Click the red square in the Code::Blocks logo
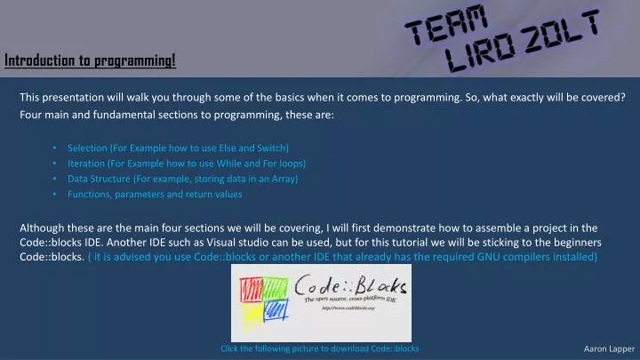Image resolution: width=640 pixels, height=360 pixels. (251, 287)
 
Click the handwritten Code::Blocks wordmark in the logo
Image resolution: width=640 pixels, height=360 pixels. (351, 288)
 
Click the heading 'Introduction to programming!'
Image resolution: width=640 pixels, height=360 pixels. (91, 60)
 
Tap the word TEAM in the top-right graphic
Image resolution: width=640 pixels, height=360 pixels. (447, 26)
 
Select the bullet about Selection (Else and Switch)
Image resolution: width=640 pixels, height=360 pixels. (178, 148)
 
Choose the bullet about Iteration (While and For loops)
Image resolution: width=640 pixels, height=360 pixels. (187, 164)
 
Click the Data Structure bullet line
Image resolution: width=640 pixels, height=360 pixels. (182, 179)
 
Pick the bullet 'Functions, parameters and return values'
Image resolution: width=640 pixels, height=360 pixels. (155, 194)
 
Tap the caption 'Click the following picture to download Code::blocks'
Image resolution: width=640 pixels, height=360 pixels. (319, 348)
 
